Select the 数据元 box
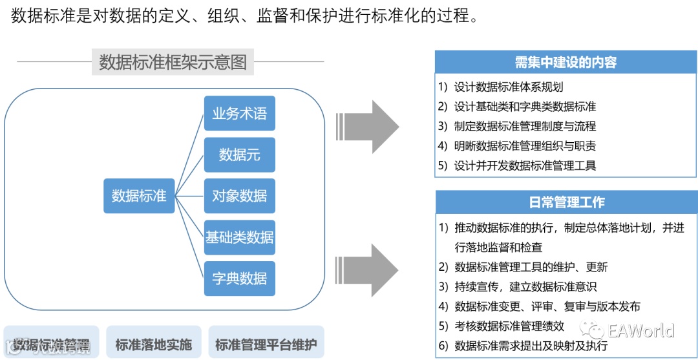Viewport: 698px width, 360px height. pyautogui.click(x=239, y=154)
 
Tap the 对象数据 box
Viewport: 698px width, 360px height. pyautogui.click(x=239, y=196)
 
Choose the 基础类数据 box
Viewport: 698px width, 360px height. pyautogui.click(x=239, y=237)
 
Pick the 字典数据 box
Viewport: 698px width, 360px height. pyautogui.click(x=239, y=279)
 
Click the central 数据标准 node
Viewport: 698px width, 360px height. pyautogui.click(x=139, y=196)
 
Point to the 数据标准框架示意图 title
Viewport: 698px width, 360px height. pyautogui.click(x=173, y=62)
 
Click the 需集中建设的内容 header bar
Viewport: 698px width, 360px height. pyautogui.click(x=566, y=62)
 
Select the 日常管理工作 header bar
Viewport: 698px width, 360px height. pyautogui.click(x=566, y=202)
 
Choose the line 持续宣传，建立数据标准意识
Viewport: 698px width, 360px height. pyautogui.click(x=525, y=286)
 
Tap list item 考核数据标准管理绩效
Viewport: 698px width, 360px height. pyautogui.click(x=509, y=326)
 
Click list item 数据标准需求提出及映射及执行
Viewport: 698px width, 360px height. pyautogui.click(x=531, y=346)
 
